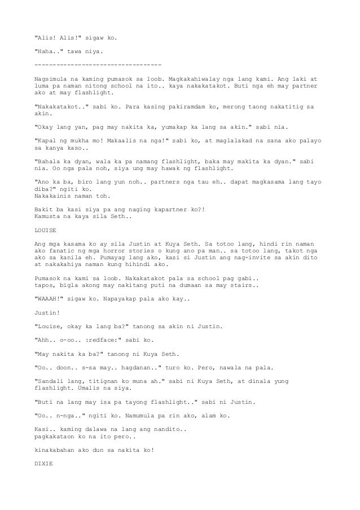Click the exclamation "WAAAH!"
click(x=51, y=300)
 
